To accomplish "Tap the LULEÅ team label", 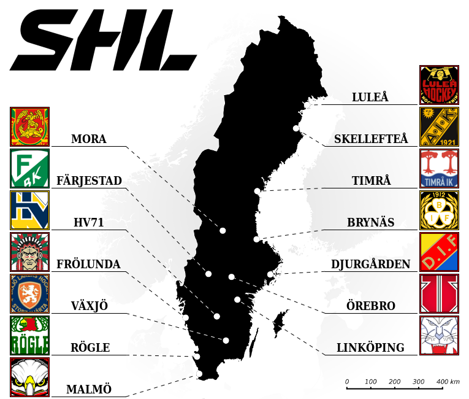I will click(370, 97).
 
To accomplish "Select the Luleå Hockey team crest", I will click(439, 85).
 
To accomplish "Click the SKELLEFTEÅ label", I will click(370, 139).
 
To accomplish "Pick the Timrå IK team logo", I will click(439, 168).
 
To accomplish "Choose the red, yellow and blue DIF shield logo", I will click(439, 252).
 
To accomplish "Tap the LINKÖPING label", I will click(370, 347).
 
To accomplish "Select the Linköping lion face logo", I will click(439, 335).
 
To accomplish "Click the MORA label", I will click(89, 139).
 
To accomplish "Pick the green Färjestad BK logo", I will click(29, 168).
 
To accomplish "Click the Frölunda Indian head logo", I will click(29, 252).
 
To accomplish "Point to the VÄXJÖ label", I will click(89, 306).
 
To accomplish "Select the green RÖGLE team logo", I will click(29, 335).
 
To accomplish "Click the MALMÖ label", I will click(89, 389).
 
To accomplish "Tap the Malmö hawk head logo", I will click(29, 377).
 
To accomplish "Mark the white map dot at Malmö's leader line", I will click(199, 373).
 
